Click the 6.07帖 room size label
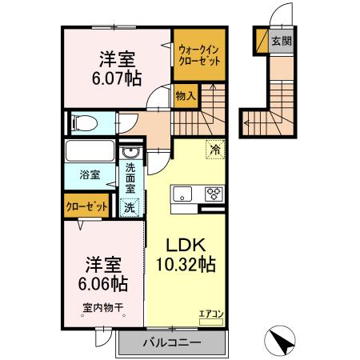(117, 78)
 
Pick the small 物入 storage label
(185, 94)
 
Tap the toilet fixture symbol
(83, 122)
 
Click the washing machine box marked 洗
(129, 206)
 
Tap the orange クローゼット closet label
(86, 206)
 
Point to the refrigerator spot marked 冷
(214, 149)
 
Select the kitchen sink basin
(181, 193)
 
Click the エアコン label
(211, 314)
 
